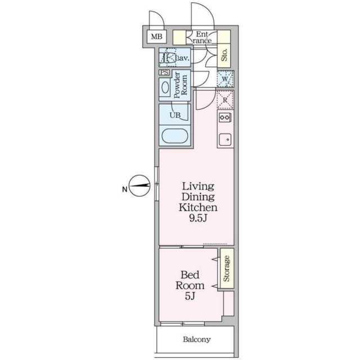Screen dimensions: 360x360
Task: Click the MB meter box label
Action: coord(156,37)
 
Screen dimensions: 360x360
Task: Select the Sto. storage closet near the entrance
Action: coord(224,55)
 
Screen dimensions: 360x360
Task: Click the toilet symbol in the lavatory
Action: coord(167,57)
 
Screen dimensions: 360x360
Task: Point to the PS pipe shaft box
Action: coord(164,73)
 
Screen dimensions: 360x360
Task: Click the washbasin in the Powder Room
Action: coord(165,88)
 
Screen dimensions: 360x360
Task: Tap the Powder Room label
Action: coord(181,85)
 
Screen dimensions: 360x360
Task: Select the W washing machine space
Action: coord(226,79)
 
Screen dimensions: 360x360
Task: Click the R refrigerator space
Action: coord(225,100)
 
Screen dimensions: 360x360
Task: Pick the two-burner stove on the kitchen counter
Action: coord(225,118)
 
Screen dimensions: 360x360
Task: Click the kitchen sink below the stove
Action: coord(225,139)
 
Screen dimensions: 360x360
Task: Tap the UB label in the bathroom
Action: coord(175,115)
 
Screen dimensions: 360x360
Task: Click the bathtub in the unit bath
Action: coord(175,136)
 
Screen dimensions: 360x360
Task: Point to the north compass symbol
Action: coord(139,186)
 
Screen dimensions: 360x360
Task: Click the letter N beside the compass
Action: coord(125,190)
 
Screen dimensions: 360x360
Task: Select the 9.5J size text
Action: coord(198,218)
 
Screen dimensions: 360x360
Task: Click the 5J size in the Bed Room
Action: coord(190,296)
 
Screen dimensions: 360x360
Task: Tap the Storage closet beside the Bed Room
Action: coord(227,268)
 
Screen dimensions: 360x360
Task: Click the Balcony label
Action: coord(197,339)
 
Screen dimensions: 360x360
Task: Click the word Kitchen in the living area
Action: coord(198,207)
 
